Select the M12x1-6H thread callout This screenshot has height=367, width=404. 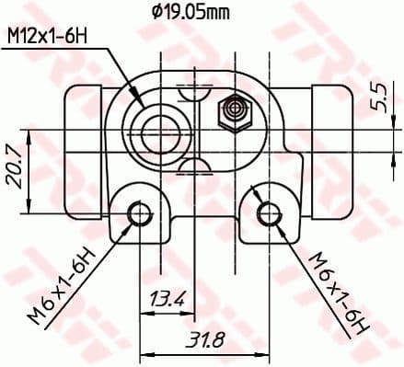tap(48, 38)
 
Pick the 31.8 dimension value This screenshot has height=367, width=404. tap(201, 340)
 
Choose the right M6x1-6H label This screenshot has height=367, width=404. tap(330, 291)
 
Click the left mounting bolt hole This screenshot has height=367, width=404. tap(139, 214)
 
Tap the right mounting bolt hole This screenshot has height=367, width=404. tap(269, 214)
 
